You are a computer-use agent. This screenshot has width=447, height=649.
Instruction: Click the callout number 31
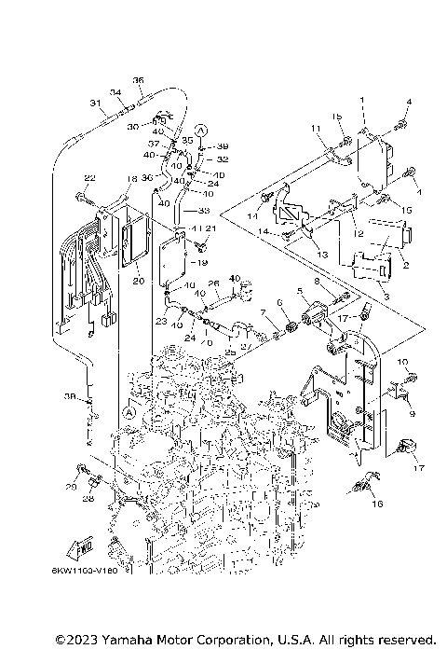[94, 103]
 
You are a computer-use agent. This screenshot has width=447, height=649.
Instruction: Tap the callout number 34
[116, 91]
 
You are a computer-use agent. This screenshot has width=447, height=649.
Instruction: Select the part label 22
[89, 178]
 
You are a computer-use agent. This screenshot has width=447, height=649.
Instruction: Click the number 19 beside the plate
[204, 264]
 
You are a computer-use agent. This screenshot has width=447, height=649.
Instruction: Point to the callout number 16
[377, 504]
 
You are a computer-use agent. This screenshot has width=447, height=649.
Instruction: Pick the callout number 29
[71, 487]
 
